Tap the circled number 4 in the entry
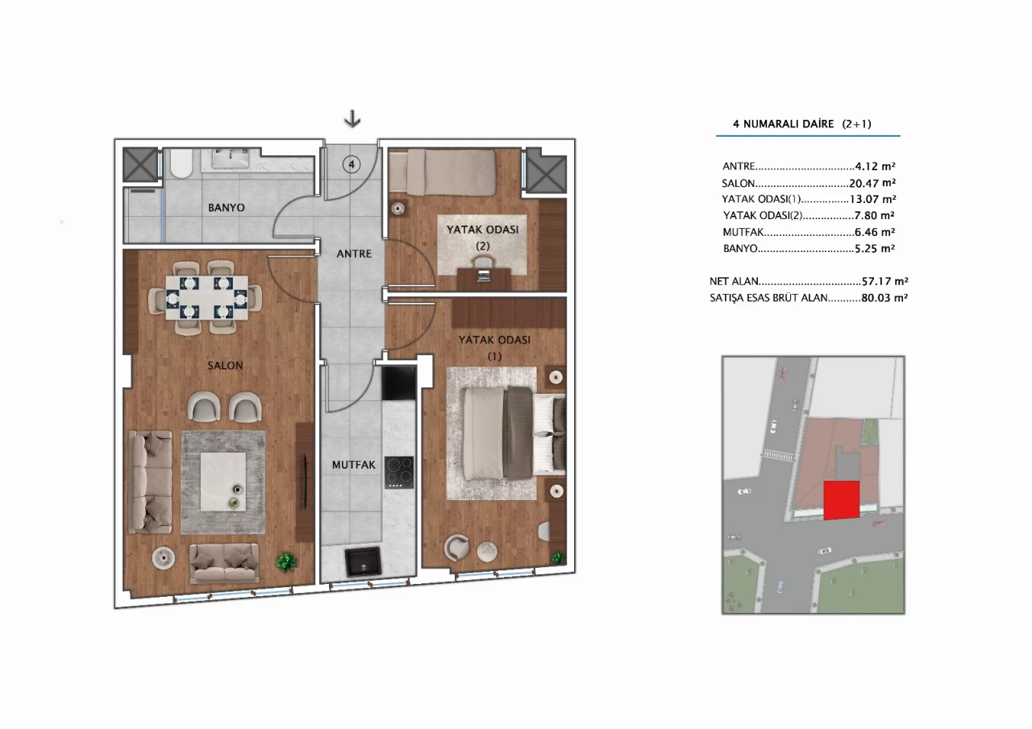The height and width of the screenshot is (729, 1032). pyautogui.click(x=351, y=164)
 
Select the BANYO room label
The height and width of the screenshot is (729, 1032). pyautogui.click(x=226, y=208)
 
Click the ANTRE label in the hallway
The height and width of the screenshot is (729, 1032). pyautogui.click(x=354, y=254)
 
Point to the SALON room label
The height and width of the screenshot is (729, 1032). pyautogui.click(x=225, y=366)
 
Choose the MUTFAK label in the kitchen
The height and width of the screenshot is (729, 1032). pyautogui.click(x=354, y=465)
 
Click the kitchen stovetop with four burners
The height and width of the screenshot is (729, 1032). pyautogui.click(x=398, y=472)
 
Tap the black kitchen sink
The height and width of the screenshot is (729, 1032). pyautogui.click(x=363, y=561)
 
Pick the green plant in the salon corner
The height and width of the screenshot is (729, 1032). pyautogui.click(x=285, y=561)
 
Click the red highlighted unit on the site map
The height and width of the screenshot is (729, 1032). pyautogui.click(x=842, y=499)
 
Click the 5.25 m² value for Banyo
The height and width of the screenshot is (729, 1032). pyautogui.click(x=875, y=249)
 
